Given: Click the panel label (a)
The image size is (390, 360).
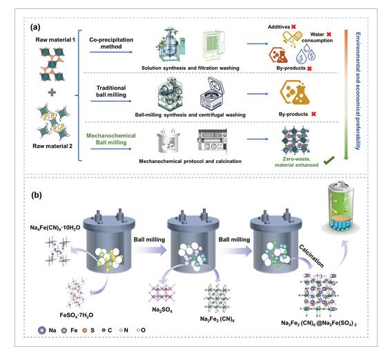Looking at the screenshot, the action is coord(35,27).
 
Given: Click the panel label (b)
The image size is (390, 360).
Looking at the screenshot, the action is coord(37,195).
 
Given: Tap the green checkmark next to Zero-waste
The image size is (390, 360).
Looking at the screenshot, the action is coord(329,160).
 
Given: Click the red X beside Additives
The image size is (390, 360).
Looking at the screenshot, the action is coord(293,27).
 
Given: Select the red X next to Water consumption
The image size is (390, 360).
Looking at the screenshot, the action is coord(329,35).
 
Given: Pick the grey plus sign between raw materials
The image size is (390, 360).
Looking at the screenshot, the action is coord(52,93).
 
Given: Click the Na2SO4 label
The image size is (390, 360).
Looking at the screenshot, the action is coord(162,310).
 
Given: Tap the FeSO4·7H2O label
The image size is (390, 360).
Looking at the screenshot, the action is coord(77,316).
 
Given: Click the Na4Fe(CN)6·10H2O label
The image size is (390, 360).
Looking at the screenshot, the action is coord(55,227).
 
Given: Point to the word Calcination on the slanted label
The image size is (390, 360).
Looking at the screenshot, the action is coord(311,256).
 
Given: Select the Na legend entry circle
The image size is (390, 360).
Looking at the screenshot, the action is coord(42,330).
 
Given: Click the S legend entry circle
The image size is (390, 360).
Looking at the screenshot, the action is coord(85,330).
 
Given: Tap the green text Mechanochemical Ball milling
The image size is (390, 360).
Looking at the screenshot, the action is coord(111,139).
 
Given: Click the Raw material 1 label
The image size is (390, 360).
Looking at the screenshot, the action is coord(55,40).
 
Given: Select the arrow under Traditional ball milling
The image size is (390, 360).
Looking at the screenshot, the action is coord(111,101).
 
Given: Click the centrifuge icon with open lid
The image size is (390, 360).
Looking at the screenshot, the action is coord(212,93).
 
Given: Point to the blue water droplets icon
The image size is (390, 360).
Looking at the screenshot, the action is coord(306,53).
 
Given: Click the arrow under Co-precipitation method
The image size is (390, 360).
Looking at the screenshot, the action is coord(111,52).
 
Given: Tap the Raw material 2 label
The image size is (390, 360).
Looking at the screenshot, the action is coord(52,146).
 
